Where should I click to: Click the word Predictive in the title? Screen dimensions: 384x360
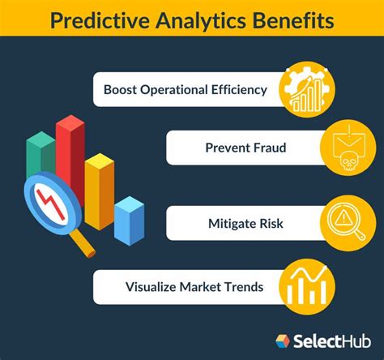[x=100, y=21]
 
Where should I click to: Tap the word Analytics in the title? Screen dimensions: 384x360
[x=200, y=21]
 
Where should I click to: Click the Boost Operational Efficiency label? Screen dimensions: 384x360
[x=186, y=90]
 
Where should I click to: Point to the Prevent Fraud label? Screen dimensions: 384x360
[x=245, y=148]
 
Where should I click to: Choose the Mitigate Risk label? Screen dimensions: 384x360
[x=245, y=224]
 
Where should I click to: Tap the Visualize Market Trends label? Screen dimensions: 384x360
[x=194, y=287]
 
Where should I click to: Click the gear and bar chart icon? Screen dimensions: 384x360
[x=307, y=89]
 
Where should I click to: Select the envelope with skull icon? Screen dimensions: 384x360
[x=348, y=148]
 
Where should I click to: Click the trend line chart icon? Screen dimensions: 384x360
[x=307, y=287]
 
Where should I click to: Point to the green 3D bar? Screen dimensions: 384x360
[x=41, y=154]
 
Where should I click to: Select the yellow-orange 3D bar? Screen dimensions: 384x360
[x=100, y=191]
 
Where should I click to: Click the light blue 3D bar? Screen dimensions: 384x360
[x=129, y=221]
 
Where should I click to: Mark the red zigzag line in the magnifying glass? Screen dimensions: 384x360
[x=51, y=204]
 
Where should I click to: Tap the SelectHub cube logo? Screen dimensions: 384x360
[x=283, y=341]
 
